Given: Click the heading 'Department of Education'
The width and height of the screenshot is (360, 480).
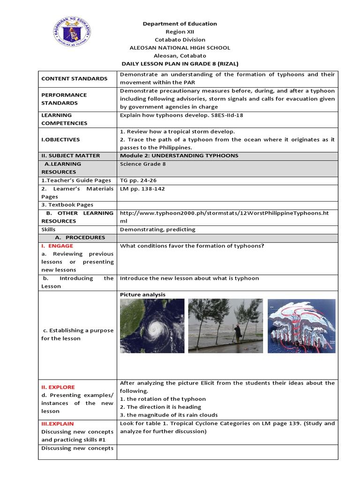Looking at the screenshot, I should click(x=180, y=24).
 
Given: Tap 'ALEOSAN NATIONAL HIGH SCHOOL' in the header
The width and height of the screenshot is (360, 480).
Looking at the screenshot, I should click(x=180, y=48).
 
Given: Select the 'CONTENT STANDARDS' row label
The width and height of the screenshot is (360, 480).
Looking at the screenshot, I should click(x=75, y=79).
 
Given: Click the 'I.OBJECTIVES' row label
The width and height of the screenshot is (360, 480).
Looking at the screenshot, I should click(x=60, y=139).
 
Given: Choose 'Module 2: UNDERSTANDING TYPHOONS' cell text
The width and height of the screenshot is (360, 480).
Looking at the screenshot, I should click(x=179, y=156).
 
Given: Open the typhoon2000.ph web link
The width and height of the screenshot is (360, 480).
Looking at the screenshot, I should click(x=224, y=213).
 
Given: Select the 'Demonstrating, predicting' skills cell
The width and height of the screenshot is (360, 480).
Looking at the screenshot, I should click(x=157, y=230).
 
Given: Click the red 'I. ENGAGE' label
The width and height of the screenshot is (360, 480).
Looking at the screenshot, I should click(x=57, y=246).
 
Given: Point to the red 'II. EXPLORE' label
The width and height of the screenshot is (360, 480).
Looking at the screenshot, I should click(x=58, y=387).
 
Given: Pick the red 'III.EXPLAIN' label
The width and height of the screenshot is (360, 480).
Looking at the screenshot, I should click(x=58, y=424).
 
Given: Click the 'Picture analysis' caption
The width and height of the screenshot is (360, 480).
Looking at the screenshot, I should click(x=142, y=294).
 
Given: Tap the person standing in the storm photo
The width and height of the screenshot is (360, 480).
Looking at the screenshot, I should click(x=238, y=333).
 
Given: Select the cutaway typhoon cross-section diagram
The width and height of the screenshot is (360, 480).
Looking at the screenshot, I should click(x=301, y=326).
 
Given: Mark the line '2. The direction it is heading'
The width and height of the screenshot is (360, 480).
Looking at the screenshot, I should click(x=160, y=407).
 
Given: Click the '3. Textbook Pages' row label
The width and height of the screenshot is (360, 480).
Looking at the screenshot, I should click(x=67, y=205).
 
